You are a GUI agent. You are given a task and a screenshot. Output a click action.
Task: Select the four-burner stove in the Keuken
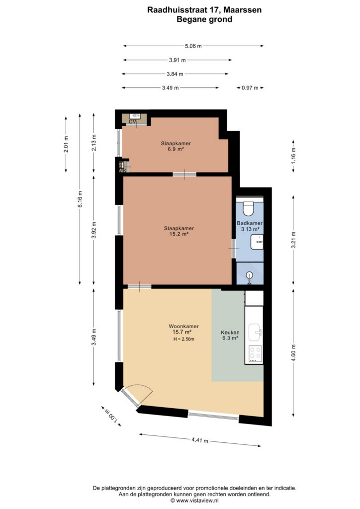(255, 354)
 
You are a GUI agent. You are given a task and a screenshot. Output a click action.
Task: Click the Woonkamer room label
(183, 326)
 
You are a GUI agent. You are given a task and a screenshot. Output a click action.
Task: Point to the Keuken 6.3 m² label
(230, 335)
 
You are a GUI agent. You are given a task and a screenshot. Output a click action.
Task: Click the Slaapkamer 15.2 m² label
(179, 231)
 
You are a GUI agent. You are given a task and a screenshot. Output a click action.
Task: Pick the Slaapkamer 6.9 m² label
(176, 146)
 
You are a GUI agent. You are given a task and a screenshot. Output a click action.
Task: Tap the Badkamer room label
(250, 223)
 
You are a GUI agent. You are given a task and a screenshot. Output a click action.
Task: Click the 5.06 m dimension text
(193, 46)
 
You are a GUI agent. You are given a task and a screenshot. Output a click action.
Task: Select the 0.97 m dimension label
(250, 87)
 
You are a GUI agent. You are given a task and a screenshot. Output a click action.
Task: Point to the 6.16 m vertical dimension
(80, 199)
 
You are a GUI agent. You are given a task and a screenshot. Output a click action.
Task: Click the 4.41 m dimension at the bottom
(199, 440)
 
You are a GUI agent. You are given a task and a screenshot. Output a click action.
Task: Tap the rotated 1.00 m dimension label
(111, 416)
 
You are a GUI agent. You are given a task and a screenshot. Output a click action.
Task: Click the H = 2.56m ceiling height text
(184, 339)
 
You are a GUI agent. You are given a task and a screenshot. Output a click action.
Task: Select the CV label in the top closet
(132, 122)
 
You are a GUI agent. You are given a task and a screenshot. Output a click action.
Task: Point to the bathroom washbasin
(257, 242)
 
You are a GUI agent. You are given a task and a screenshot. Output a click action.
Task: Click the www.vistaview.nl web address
(197, 501)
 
